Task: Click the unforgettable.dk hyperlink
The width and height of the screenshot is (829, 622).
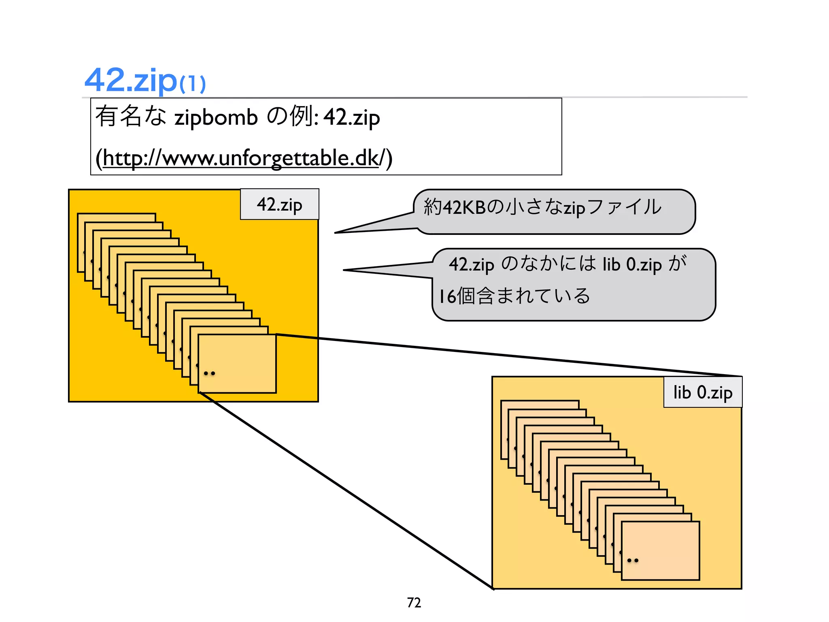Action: tap(240, 158)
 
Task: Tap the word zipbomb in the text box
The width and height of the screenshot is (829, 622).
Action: tap(216, 118)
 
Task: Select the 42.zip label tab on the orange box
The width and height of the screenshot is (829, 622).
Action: tap(279, 204)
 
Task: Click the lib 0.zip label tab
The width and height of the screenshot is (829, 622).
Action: tap(703, 392)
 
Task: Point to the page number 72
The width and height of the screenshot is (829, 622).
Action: tap(414, 603)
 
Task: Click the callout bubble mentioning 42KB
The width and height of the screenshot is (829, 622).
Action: tap(555, 212)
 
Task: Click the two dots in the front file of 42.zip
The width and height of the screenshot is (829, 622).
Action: tap(209, 373)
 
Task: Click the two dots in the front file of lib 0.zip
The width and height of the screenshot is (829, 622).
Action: tap(633, 560)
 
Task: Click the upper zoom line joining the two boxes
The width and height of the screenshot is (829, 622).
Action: tap(506, 355)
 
